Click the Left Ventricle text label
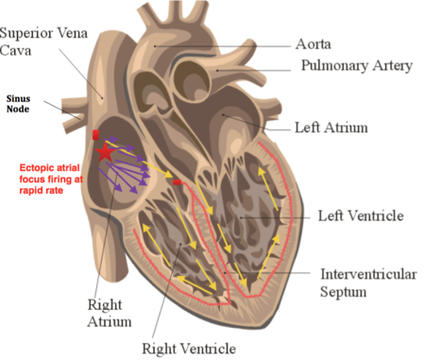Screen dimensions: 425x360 point(361,216)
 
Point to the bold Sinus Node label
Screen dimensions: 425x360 point(21,104)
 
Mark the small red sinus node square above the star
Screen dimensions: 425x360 point(95,134)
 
